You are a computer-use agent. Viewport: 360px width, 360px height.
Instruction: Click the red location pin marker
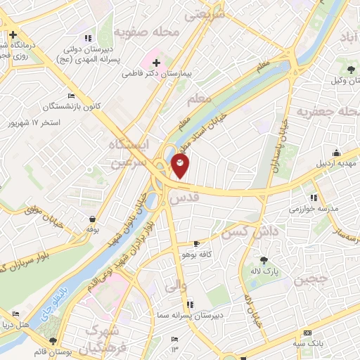click(x=181, y=167)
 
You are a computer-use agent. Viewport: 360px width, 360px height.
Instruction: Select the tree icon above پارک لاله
click(x=263, y=260)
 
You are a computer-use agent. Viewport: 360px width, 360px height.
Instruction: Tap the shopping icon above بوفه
click(x=92, y=219)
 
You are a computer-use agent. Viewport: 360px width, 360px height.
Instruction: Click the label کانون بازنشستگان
click(x=70, y=106)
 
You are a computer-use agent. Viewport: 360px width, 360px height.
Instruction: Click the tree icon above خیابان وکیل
click(x=351, y=69)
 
